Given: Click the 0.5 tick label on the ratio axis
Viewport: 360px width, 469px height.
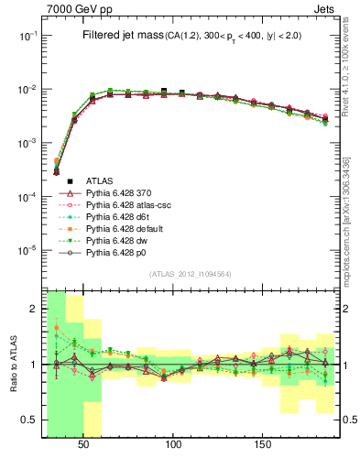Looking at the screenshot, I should [29, 420].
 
